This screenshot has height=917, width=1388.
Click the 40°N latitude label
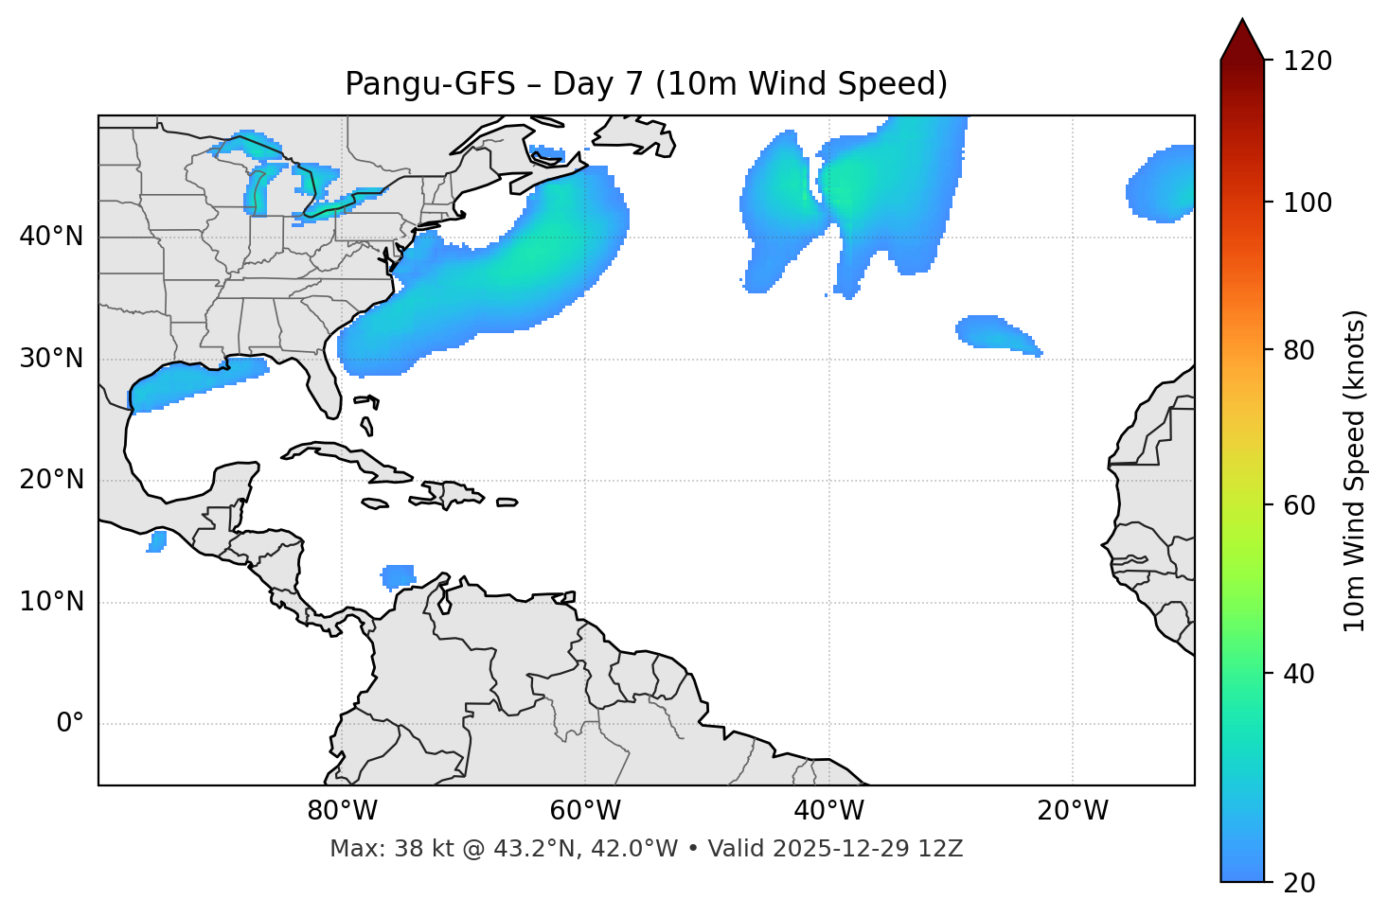(x=51, y=237)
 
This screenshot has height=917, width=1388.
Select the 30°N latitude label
(x=51, y=359)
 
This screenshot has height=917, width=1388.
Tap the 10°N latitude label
(x=51, y=602)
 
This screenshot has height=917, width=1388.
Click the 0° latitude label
(x=69, y=724)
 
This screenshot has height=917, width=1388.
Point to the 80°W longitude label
(x=342, y=811)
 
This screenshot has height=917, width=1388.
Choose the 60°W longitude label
(x=585, y=811)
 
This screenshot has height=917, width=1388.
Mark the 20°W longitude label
(x=1073, y=811)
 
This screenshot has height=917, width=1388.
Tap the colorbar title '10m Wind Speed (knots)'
(x=1355, y=471)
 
